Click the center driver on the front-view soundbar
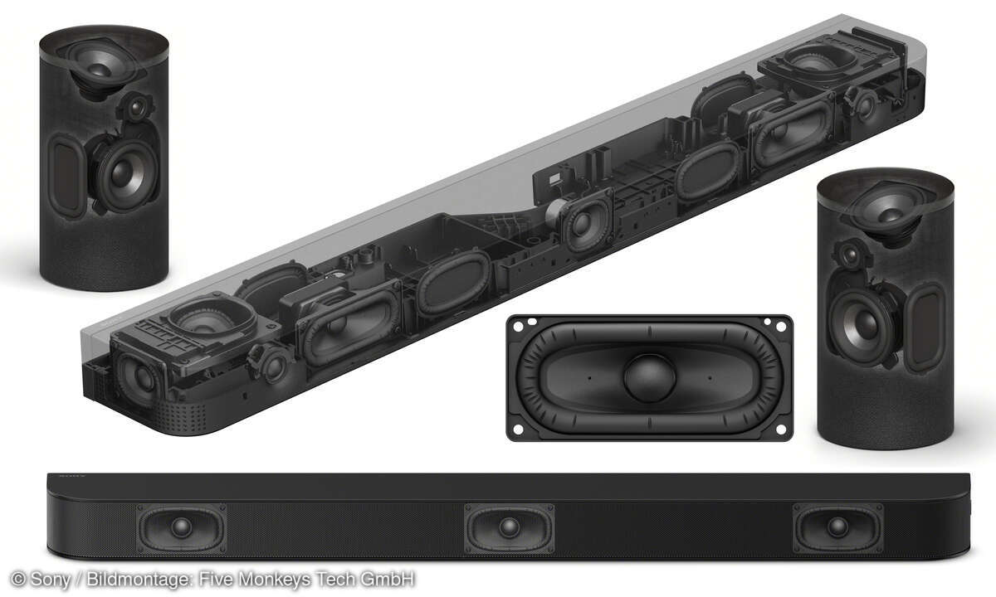(509, 527)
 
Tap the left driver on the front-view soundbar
(181, 527)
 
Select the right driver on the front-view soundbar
(837, 527)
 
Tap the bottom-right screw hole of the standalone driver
(779, 430)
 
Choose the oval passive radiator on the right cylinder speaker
(923, 328)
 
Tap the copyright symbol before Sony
(17, 580)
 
